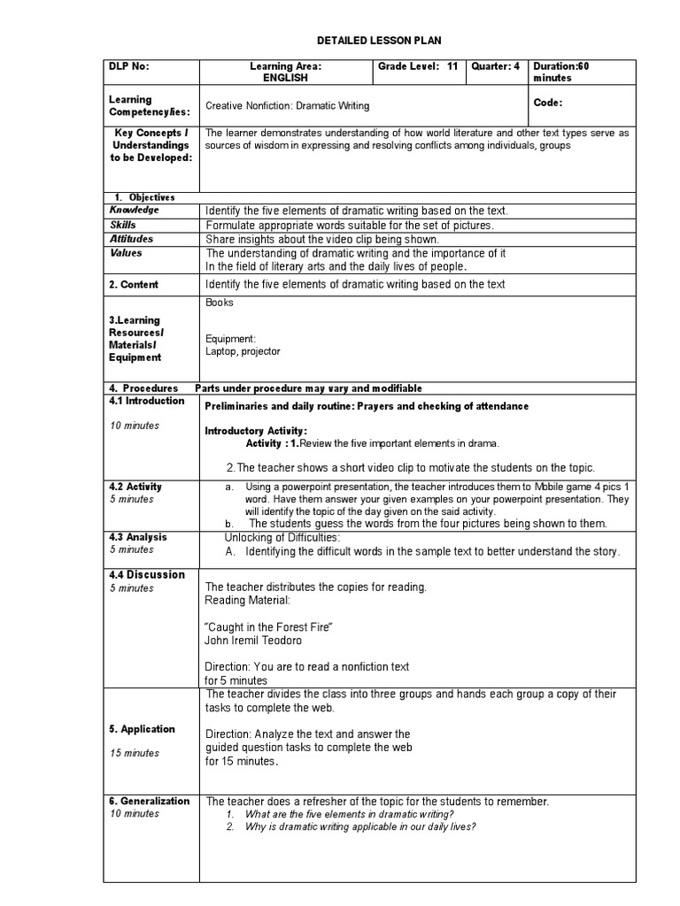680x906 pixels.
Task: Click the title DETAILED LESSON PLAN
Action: (378, 41)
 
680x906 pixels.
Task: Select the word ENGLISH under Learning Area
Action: (285, 78)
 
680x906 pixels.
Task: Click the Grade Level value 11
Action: (452, 66)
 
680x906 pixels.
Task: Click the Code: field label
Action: (548, 103)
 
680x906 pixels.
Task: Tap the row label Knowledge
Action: (135, 211)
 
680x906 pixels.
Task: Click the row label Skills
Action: (123, 225)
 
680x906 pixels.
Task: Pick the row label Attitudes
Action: (131, 239)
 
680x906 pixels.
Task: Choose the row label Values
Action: (126, 253)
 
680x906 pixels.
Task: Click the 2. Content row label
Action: (134, 285)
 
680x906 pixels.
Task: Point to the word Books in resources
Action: (220, 303)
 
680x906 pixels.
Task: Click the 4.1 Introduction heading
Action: (147, 401)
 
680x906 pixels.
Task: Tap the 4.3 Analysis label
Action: (138, 537)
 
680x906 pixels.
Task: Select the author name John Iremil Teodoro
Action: (253, 641)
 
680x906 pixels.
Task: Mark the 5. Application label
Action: (142, 729)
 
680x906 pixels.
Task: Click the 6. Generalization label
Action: (149, 801)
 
